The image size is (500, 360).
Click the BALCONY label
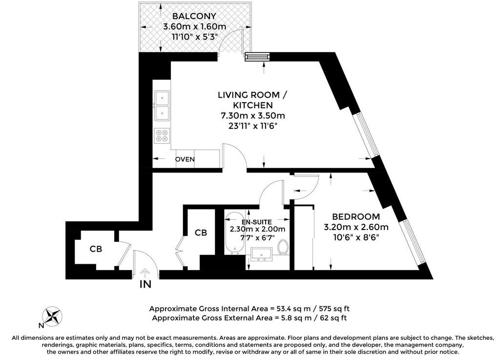coord(194,16)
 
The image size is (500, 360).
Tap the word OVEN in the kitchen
coord(185,159)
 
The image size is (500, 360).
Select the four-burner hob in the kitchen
coord(162,136)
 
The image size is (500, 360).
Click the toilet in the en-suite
coord(283,247)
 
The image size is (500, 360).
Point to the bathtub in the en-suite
coord(235,233)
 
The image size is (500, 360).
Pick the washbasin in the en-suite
coord(261,254)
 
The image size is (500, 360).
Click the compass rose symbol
coord(52,317)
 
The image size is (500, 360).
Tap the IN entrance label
coord(146,284)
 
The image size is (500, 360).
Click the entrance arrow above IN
coord(146,272)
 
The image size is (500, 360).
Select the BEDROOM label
coord(356,217)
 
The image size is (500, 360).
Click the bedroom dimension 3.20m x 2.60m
coord(356,227)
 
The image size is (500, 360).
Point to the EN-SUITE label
coord(257,222)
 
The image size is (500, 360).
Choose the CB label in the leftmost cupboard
coord(96,249)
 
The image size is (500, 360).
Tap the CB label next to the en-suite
coord(201,233)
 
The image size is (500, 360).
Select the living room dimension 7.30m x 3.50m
coord(253,115)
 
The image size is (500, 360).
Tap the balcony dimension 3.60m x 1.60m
coord(194,26)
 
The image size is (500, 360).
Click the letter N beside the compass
coord(41,325)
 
